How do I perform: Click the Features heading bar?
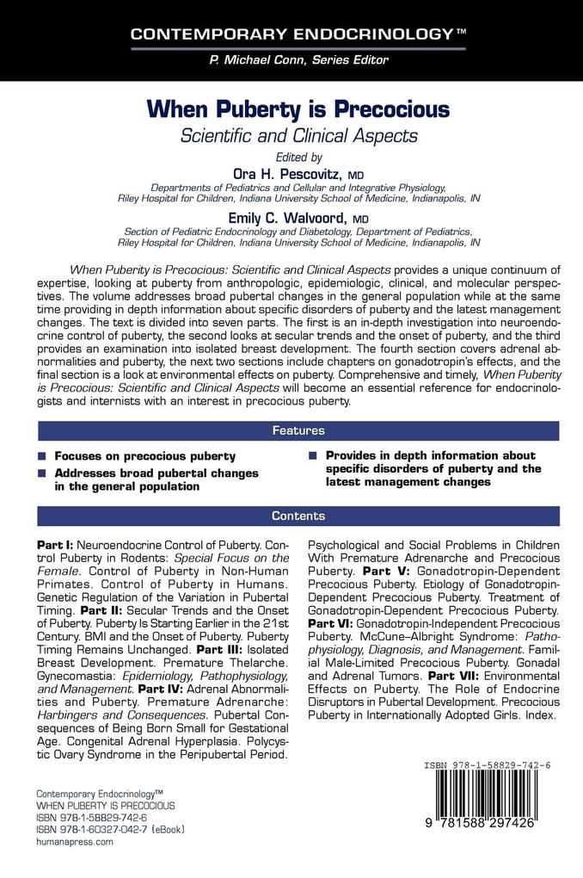pos(298,430)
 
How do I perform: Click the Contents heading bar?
pos(298,516)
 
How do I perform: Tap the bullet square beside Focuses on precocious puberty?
pos(42,456)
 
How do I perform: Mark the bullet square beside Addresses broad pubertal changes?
pos(42,474)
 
